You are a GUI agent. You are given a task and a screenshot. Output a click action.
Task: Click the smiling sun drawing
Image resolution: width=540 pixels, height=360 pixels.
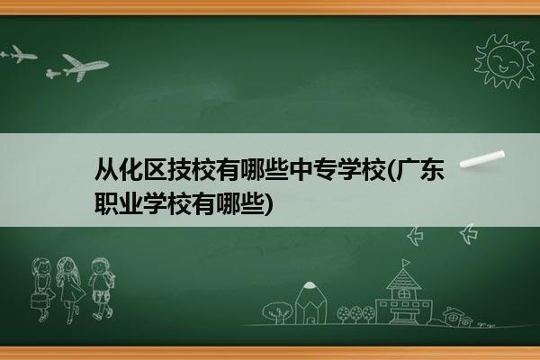point(505,61)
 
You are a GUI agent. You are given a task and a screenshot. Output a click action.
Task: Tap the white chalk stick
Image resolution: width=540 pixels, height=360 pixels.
point(482,158)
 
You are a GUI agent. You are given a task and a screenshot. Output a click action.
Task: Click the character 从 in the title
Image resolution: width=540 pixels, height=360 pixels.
point(106,169)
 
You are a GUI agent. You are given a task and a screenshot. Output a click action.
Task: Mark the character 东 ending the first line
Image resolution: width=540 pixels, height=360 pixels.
point(433,169)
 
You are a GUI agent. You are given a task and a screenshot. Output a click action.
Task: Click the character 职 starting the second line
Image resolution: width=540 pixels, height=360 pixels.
point(106,203)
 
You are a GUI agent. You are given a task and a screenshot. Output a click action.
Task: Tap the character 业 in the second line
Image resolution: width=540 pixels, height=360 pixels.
point(130,203)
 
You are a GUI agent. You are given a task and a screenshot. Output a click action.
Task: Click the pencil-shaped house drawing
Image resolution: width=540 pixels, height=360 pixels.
point(310,302)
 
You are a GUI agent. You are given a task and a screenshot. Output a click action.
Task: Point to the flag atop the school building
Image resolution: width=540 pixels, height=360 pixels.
point(406,263)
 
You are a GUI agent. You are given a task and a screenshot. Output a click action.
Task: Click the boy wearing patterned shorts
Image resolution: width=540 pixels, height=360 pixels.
point(101,289)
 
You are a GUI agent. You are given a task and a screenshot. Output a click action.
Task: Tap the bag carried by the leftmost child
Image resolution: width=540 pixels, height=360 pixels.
point(39,301)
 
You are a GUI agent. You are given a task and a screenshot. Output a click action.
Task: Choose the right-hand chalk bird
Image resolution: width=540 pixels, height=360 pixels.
point(469,234)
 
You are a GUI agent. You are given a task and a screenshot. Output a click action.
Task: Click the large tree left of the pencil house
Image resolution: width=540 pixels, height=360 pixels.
point(277,312)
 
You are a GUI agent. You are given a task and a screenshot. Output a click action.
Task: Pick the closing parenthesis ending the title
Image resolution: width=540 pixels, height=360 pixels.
point(268,204)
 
